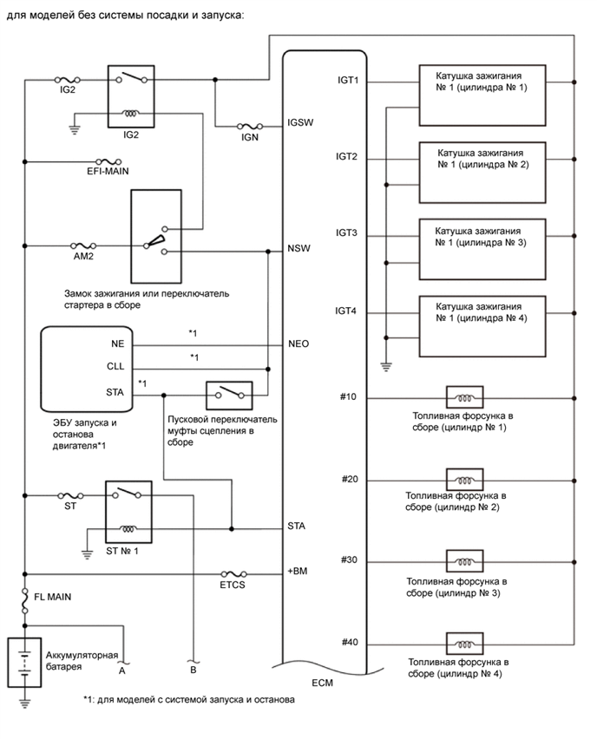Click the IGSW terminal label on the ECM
(300, 122)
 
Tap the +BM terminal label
(298, 572)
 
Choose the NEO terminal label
(298, 343)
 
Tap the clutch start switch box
(228, 396)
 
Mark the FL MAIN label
(52, 598)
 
